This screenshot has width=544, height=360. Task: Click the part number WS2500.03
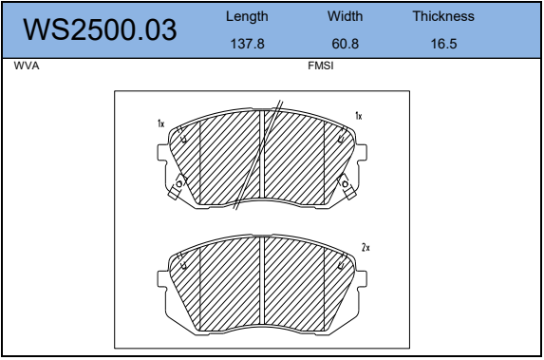click(x=100, y=29)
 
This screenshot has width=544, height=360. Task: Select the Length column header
click(x=247, y=16)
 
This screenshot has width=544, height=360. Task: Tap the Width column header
click(x=345, y=16)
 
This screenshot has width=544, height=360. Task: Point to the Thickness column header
click(x=443, y=16)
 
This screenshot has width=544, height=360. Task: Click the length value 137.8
click(x=248, y=44)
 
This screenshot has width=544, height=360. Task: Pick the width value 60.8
click(x=346, y=44)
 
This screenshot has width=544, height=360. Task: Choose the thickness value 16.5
click(x=443, y=44)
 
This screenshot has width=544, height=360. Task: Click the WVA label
click(x=27, y=66)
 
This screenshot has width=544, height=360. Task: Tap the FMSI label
click(x=321, y=66)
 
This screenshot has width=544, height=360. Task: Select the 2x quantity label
click(x=366, y=248)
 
